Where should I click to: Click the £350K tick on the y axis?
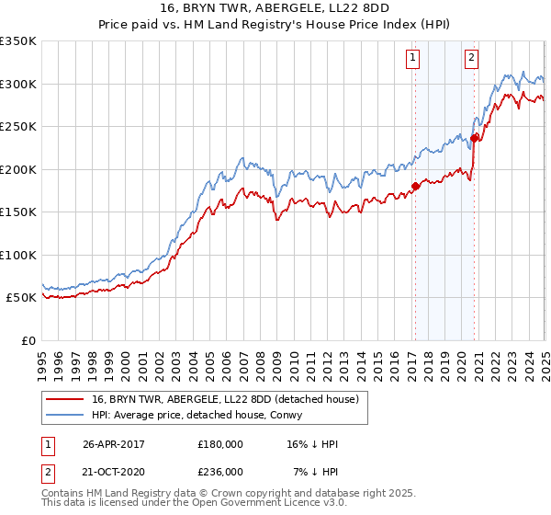click(x=18, y=41)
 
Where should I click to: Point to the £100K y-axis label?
click(x=18, y=255)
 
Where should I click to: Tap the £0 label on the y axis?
click(x=28, y=340)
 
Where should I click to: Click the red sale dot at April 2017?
click(x=415, y=187)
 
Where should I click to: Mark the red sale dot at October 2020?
click(x=475, y=139)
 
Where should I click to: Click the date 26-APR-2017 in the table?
click(x=114, y=444)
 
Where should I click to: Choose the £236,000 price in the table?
click(x=220, y=471)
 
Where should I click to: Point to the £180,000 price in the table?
click(x=220, y=444)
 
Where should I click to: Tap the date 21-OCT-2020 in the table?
click(x=114, y=471)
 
